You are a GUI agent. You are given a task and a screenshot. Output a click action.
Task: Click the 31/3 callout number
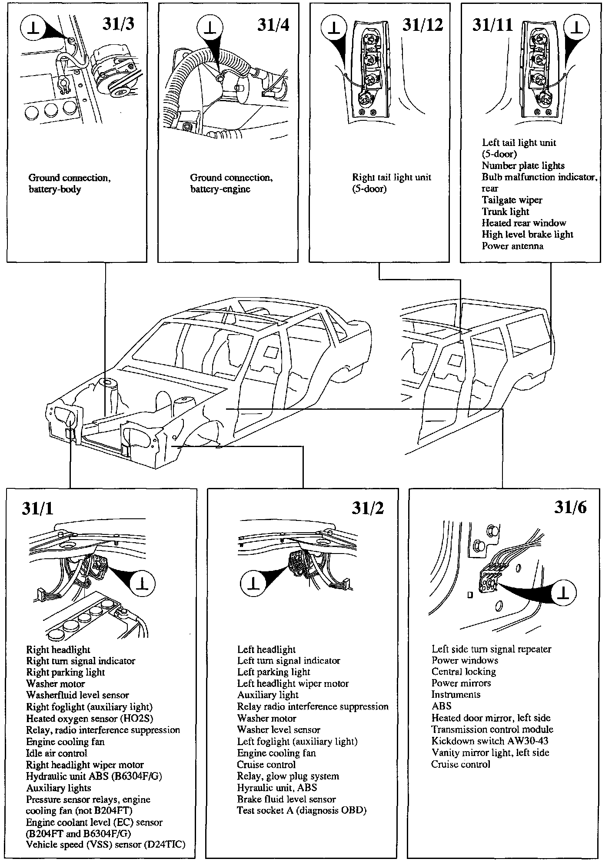pos(118,24)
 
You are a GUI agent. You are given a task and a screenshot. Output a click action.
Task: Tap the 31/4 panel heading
pos(273,25)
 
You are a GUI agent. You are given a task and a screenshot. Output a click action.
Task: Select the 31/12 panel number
pos(422,25)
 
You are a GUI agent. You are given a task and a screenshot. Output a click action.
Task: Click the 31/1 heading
pos(37,509)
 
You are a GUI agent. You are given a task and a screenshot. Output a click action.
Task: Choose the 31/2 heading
pos(368,508)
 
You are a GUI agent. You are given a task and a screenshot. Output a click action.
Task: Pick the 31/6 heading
pos(570,507)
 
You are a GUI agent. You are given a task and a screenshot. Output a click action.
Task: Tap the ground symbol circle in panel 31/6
pos(563,593)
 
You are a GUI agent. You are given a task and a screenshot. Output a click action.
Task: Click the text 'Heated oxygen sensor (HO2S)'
pos(90,719)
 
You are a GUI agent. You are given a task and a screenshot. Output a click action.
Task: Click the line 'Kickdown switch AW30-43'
pos(487,741)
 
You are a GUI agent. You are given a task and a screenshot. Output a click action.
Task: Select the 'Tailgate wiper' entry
pos(512,200)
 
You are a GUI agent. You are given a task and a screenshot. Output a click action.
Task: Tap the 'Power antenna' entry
pos(512,246)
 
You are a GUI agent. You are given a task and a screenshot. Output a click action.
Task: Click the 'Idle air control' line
pos(57,753)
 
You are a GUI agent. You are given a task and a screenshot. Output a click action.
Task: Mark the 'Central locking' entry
pos(463,672)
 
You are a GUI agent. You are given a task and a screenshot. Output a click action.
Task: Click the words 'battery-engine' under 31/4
pos(220,189)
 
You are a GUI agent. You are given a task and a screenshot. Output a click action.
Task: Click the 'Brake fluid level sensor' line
pos(286,799)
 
